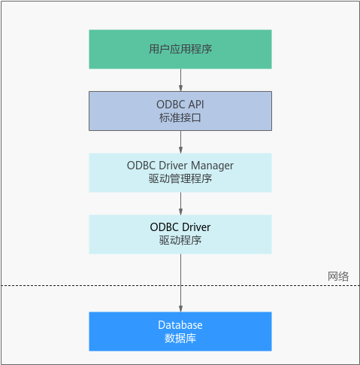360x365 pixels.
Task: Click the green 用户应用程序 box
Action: [180, 49]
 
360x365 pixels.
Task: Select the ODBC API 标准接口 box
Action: [180, 111]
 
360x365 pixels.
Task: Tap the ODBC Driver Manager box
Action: [180, 172]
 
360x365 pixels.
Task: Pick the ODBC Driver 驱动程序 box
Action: [180, 234]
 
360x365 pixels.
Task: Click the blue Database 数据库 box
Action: [180, 331]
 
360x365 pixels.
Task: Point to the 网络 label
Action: [338, 276]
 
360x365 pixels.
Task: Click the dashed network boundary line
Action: [180, 285]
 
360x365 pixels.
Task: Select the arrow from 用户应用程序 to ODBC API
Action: [180, 80]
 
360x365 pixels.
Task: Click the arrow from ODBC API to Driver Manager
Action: [180, 142]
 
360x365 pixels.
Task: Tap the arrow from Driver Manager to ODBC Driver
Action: [180, 203]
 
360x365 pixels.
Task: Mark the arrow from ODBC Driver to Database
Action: [180, 283]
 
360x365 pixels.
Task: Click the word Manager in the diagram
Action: [212, 166]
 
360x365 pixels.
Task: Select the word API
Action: [196, 105]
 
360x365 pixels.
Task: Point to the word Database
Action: [180, 325]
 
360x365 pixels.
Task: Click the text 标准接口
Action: [180, 118]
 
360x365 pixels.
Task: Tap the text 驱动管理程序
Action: [180, 179]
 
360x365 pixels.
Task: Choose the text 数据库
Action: [180, 339]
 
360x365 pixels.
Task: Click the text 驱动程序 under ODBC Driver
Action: [180, 240]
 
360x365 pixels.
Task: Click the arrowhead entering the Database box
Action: [180, 309]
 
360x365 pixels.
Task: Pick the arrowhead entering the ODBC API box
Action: [180, 88]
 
